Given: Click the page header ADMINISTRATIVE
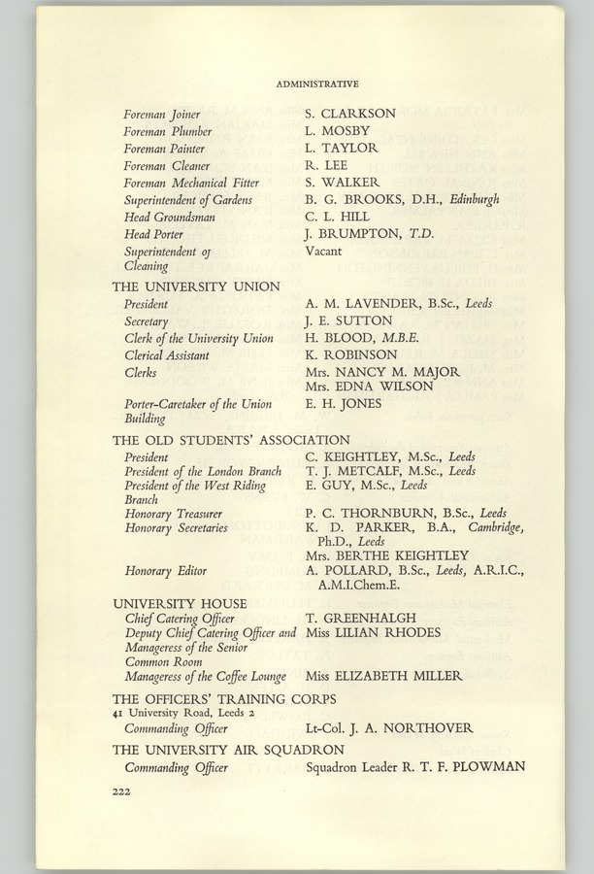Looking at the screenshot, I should [x=317, y=84].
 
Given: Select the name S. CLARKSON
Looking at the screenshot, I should [x=350, y=114].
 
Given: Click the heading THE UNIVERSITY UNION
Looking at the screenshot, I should [x=196, y=286].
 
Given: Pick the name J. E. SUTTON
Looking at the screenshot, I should [x=348, y=321].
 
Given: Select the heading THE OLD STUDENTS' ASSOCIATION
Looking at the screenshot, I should [x=231, y=440].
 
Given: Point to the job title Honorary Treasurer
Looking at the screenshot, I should [x=174, y=514].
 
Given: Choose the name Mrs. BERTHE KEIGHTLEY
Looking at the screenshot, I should [x=387, y=555].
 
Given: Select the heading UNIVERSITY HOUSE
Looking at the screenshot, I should [x=180, y=603].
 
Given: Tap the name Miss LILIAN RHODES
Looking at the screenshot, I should [x=373, y=633].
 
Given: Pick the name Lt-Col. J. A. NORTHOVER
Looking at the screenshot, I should [x=389, y=727].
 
